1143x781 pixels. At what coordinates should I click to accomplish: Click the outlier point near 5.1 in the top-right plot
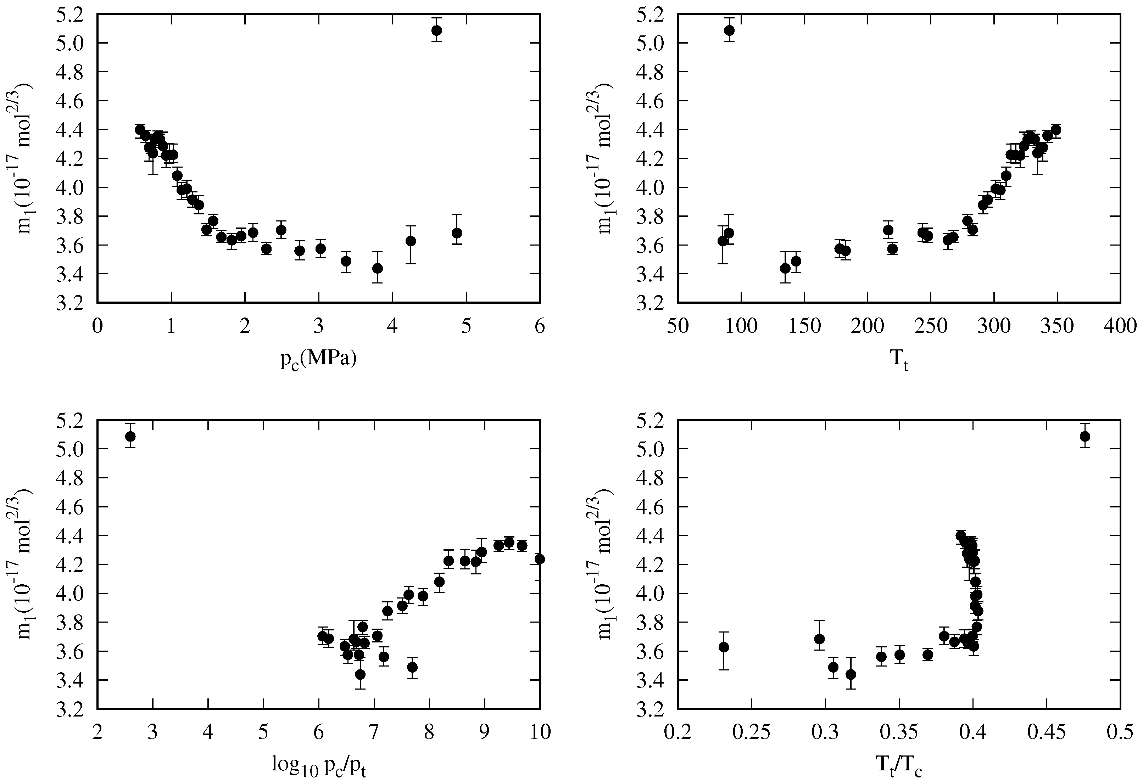point(729,30)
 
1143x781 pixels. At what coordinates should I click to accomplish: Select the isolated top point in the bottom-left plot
point(130,437)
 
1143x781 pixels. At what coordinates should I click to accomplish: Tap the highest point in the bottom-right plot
point(1085,437)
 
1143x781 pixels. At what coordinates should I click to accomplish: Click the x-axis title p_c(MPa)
point(318,359)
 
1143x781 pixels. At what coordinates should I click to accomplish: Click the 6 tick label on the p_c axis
point(540,326)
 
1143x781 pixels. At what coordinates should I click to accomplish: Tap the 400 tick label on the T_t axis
point(1120,326)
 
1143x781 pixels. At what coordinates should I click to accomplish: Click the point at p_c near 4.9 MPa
point(457,233)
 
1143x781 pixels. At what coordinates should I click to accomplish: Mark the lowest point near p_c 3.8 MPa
point(378,268)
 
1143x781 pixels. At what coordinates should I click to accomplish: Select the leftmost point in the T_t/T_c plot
point(724,647)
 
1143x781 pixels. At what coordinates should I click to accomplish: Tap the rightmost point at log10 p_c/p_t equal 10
point(540,559)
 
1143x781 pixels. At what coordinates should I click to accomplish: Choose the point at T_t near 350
point(1055,130)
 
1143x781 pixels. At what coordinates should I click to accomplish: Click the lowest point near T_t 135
point(785,268)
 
